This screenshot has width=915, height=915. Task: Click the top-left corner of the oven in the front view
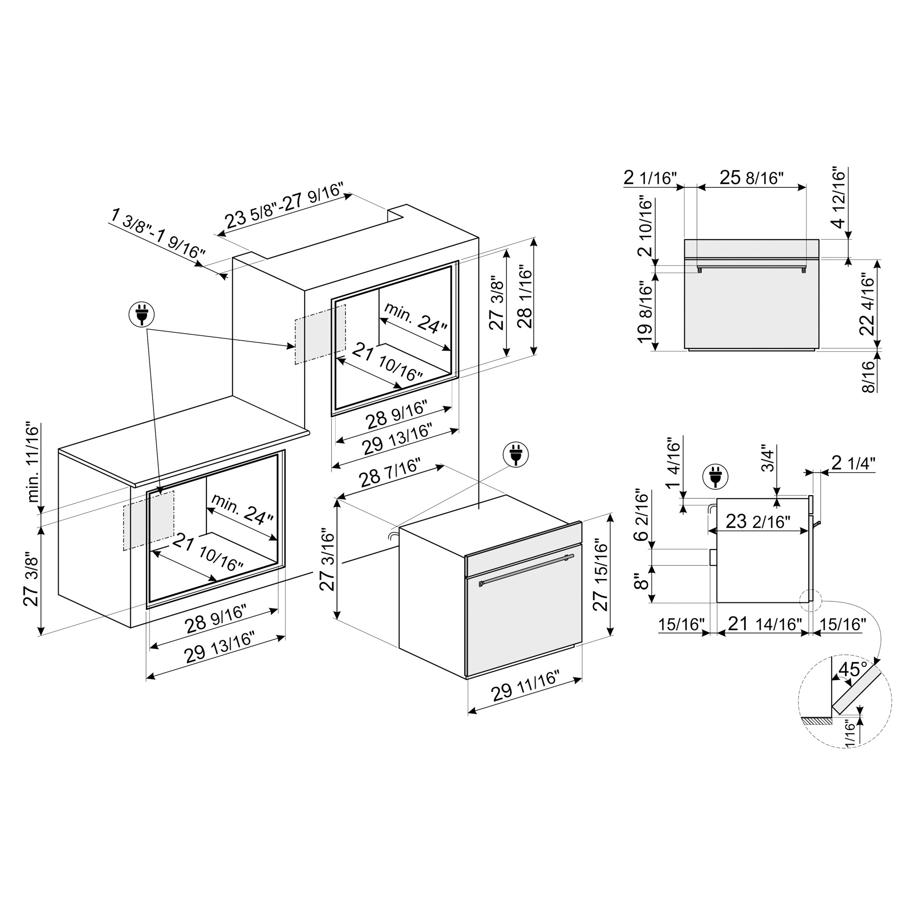point(685,239)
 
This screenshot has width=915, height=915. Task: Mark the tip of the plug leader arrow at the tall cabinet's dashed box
point(295,347)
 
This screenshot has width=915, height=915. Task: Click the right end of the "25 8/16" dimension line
point(806,187)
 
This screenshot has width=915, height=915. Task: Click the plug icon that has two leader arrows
point(142,315)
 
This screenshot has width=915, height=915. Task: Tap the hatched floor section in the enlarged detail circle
point(817,722)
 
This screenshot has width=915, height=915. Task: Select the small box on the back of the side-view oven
point(713,557)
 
